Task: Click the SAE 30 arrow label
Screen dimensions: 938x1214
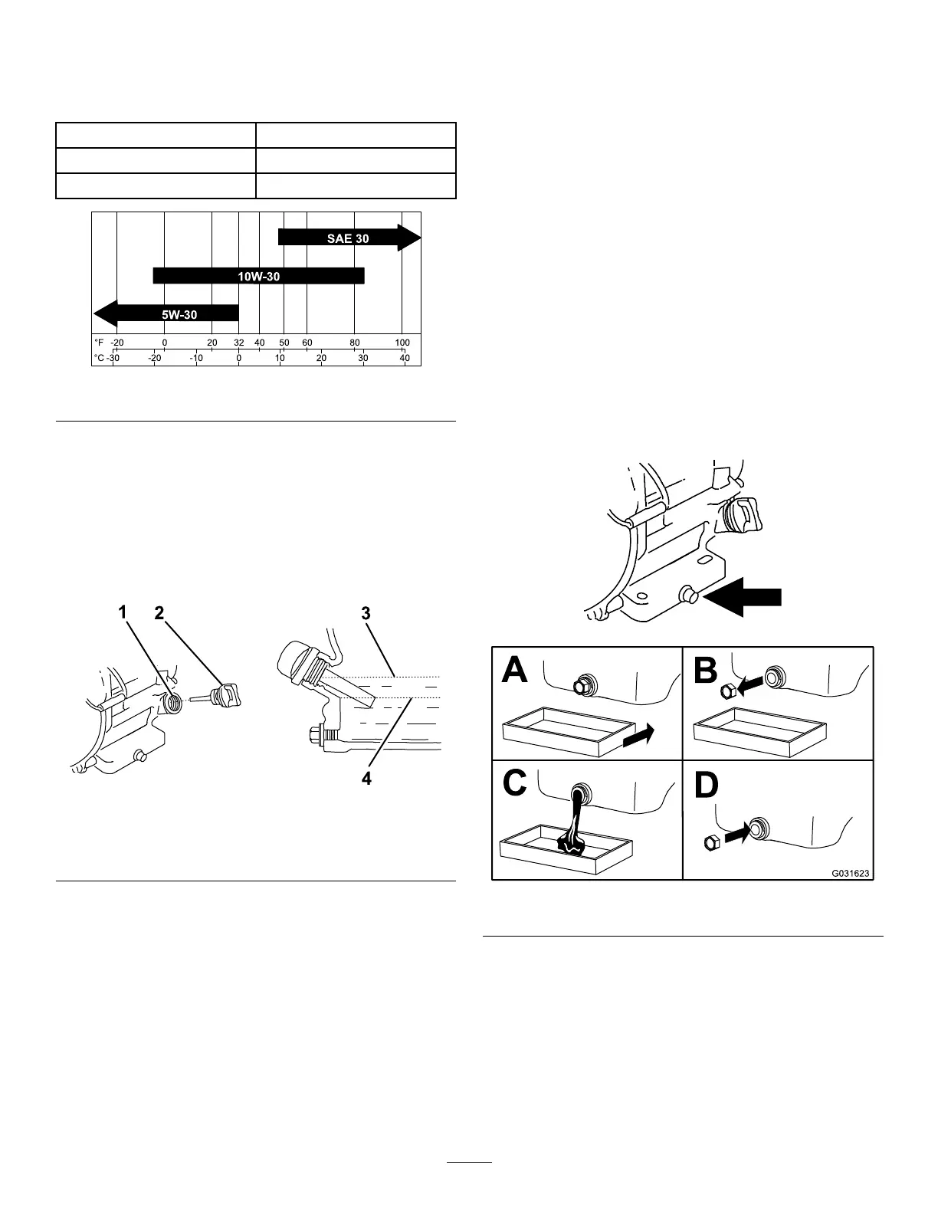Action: pyautogui.click(x=349, y=238)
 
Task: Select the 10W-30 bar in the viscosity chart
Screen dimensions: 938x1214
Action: pyautogui.click(x=259, y=276)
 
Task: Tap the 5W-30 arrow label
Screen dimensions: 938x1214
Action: pyautogui.click(x=179, y=313)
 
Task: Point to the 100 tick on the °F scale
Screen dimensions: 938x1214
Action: pyautogui.click(x=402, y=343)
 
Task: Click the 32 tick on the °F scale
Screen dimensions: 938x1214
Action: pyautogui.click(x=239, y=343)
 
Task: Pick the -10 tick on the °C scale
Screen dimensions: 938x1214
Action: pyautogui.click(x=197, y=358)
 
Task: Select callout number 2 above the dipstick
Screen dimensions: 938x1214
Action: pyautogui.click(x=159, y=612)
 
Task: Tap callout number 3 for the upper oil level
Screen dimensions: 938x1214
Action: pyautogui.click(x=366, y=613)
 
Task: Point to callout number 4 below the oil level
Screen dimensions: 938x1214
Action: pyautogui.click(x=366, y=779)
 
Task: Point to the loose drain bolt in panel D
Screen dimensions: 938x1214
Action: pyautogui.click(x=710, y=844)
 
